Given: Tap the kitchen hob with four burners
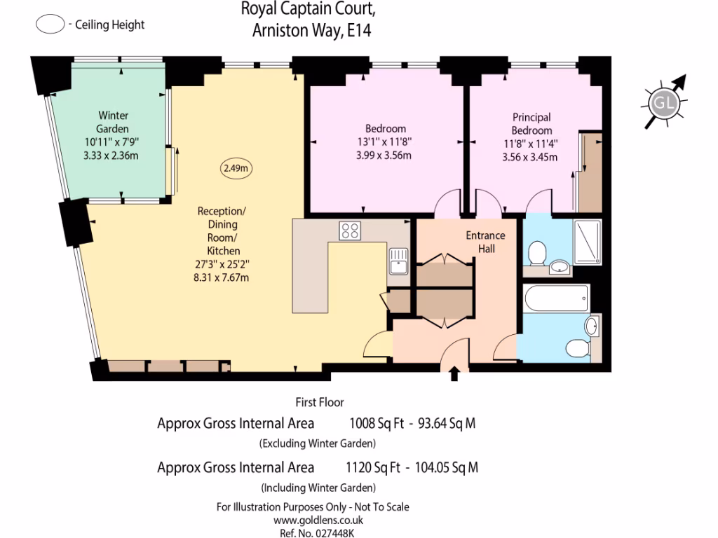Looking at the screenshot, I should coord(350,230).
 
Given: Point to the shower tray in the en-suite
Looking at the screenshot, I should coord(588,241).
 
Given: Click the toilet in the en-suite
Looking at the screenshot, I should coord(538,253).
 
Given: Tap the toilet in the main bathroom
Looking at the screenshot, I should coord(578,347).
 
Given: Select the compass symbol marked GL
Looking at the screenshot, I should coord(663,105).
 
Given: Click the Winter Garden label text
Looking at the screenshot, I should coord(113,123).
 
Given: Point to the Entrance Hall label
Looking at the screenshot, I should coord(485,242).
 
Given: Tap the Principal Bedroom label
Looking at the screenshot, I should coord(531,124).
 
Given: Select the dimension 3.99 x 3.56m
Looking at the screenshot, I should coord(385,155).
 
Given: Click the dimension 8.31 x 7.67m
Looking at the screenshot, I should coord(222,277).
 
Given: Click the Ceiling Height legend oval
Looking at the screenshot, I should coord(49,25).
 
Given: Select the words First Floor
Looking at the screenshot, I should coord(319,402).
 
